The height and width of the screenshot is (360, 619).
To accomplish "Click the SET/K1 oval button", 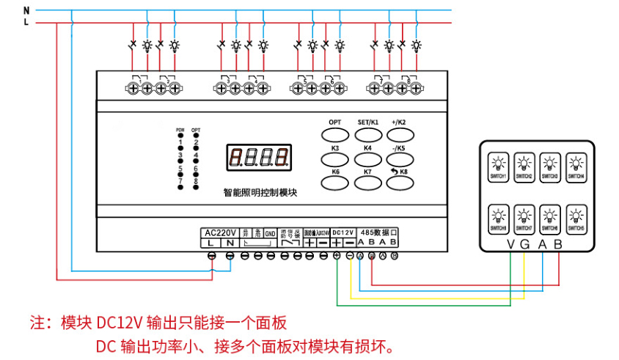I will (367, 134).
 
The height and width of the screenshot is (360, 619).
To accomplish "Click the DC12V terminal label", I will (343, 231).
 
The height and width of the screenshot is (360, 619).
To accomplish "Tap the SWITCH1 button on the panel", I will (498, 166).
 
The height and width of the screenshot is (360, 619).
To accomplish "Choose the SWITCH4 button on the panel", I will (576, 166).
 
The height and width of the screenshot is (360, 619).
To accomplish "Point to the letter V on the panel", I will (511, 245).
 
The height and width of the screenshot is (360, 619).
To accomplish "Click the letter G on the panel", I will (525, 245).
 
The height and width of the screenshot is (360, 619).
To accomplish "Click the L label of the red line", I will (26, 23).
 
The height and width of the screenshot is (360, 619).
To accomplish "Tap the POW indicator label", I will (180, 130).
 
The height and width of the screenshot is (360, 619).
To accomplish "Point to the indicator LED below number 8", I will (196, 187).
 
